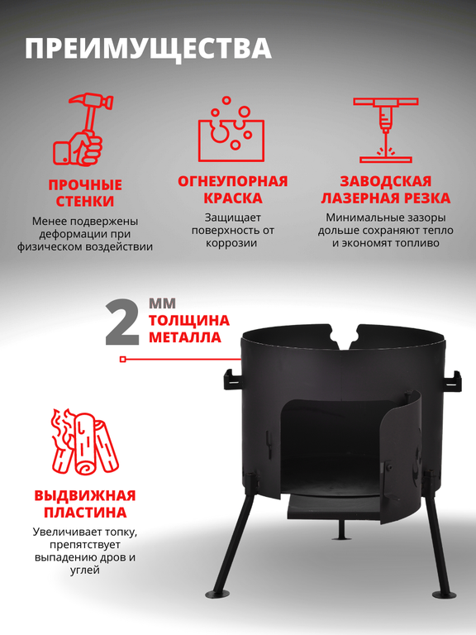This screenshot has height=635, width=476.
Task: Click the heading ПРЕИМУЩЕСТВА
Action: click(x=148, y=49)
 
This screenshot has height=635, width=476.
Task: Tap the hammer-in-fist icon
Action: click(x=83, y=129)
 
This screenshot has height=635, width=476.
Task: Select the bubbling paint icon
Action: click(x=231, y=129)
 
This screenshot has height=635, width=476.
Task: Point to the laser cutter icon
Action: click(x=385, y=130)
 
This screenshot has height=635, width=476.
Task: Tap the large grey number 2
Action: click(x=121, y=322)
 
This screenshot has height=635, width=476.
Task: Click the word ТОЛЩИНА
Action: click(x=189, y=320)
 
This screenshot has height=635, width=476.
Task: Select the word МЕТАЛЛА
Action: click(x=185, y=337)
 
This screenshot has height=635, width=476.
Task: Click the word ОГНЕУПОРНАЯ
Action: click(x=233, y=181)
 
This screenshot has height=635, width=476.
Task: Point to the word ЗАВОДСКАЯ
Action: click(x=386, y=181)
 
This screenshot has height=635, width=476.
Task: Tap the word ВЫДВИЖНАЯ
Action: click(x=85, y=496)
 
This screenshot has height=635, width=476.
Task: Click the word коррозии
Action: click(x=231, y=243)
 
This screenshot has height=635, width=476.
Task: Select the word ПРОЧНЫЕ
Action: click(x=85, y=184)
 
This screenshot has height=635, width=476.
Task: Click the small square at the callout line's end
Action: click(x=123, y=359)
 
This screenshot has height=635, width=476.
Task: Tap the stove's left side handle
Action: click(x=232, y=380)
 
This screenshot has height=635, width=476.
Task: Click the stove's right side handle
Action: click(x=453, y=381)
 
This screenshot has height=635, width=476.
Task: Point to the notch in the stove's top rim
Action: click(x=345, y=336)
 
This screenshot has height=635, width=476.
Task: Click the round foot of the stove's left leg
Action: click(x=217, y=594)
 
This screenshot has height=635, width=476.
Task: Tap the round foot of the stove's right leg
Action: click(x=445, y=594)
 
